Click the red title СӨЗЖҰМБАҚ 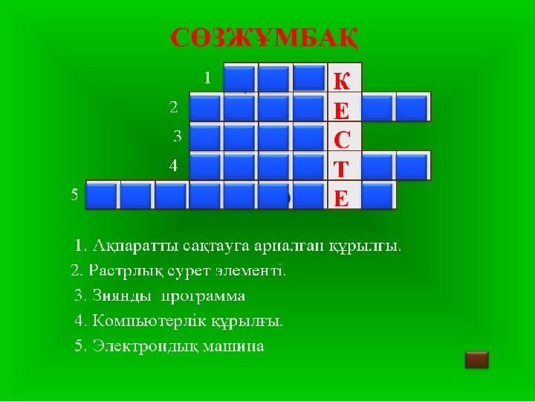(264, 38)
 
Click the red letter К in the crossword (342, 81)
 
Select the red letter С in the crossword (342, 139)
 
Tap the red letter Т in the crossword (341, 169)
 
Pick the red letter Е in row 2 (342, 110)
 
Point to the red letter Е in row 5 (342, 198)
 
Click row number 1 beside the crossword (207, 78)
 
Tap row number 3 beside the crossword (178, 136)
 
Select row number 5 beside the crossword (75, 195)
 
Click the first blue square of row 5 (101, 195)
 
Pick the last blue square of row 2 (412, 107)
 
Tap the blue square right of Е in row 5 (378, 195)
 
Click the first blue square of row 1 (240, 78)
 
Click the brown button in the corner (476, 360)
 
